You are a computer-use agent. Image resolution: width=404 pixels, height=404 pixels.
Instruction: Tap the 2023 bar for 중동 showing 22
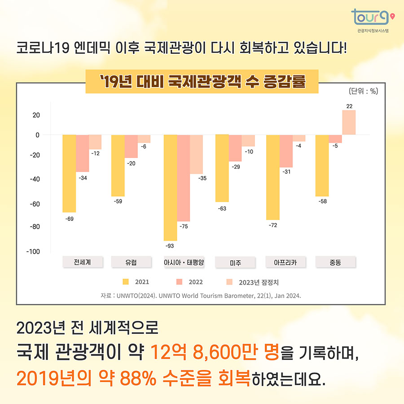point(349,123)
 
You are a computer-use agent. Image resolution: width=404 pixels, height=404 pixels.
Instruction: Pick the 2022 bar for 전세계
point(82,153)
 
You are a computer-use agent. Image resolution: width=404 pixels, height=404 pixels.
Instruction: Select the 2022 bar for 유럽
point(131,146)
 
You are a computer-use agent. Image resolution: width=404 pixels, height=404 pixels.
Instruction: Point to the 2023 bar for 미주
point(248,141)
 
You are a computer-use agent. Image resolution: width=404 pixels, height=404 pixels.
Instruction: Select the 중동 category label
point(335,262)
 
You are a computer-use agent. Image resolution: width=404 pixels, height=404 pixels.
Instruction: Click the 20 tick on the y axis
point(35,115)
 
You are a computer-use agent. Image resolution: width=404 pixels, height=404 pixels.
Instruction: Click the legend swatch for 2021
point(126,282)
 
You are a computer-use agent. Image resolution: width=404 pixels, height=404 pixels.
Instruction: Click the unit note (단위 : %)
point(363,91)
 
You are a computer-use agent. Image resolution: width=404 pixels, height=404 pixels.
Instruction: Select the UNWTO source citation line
point(201,296)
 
